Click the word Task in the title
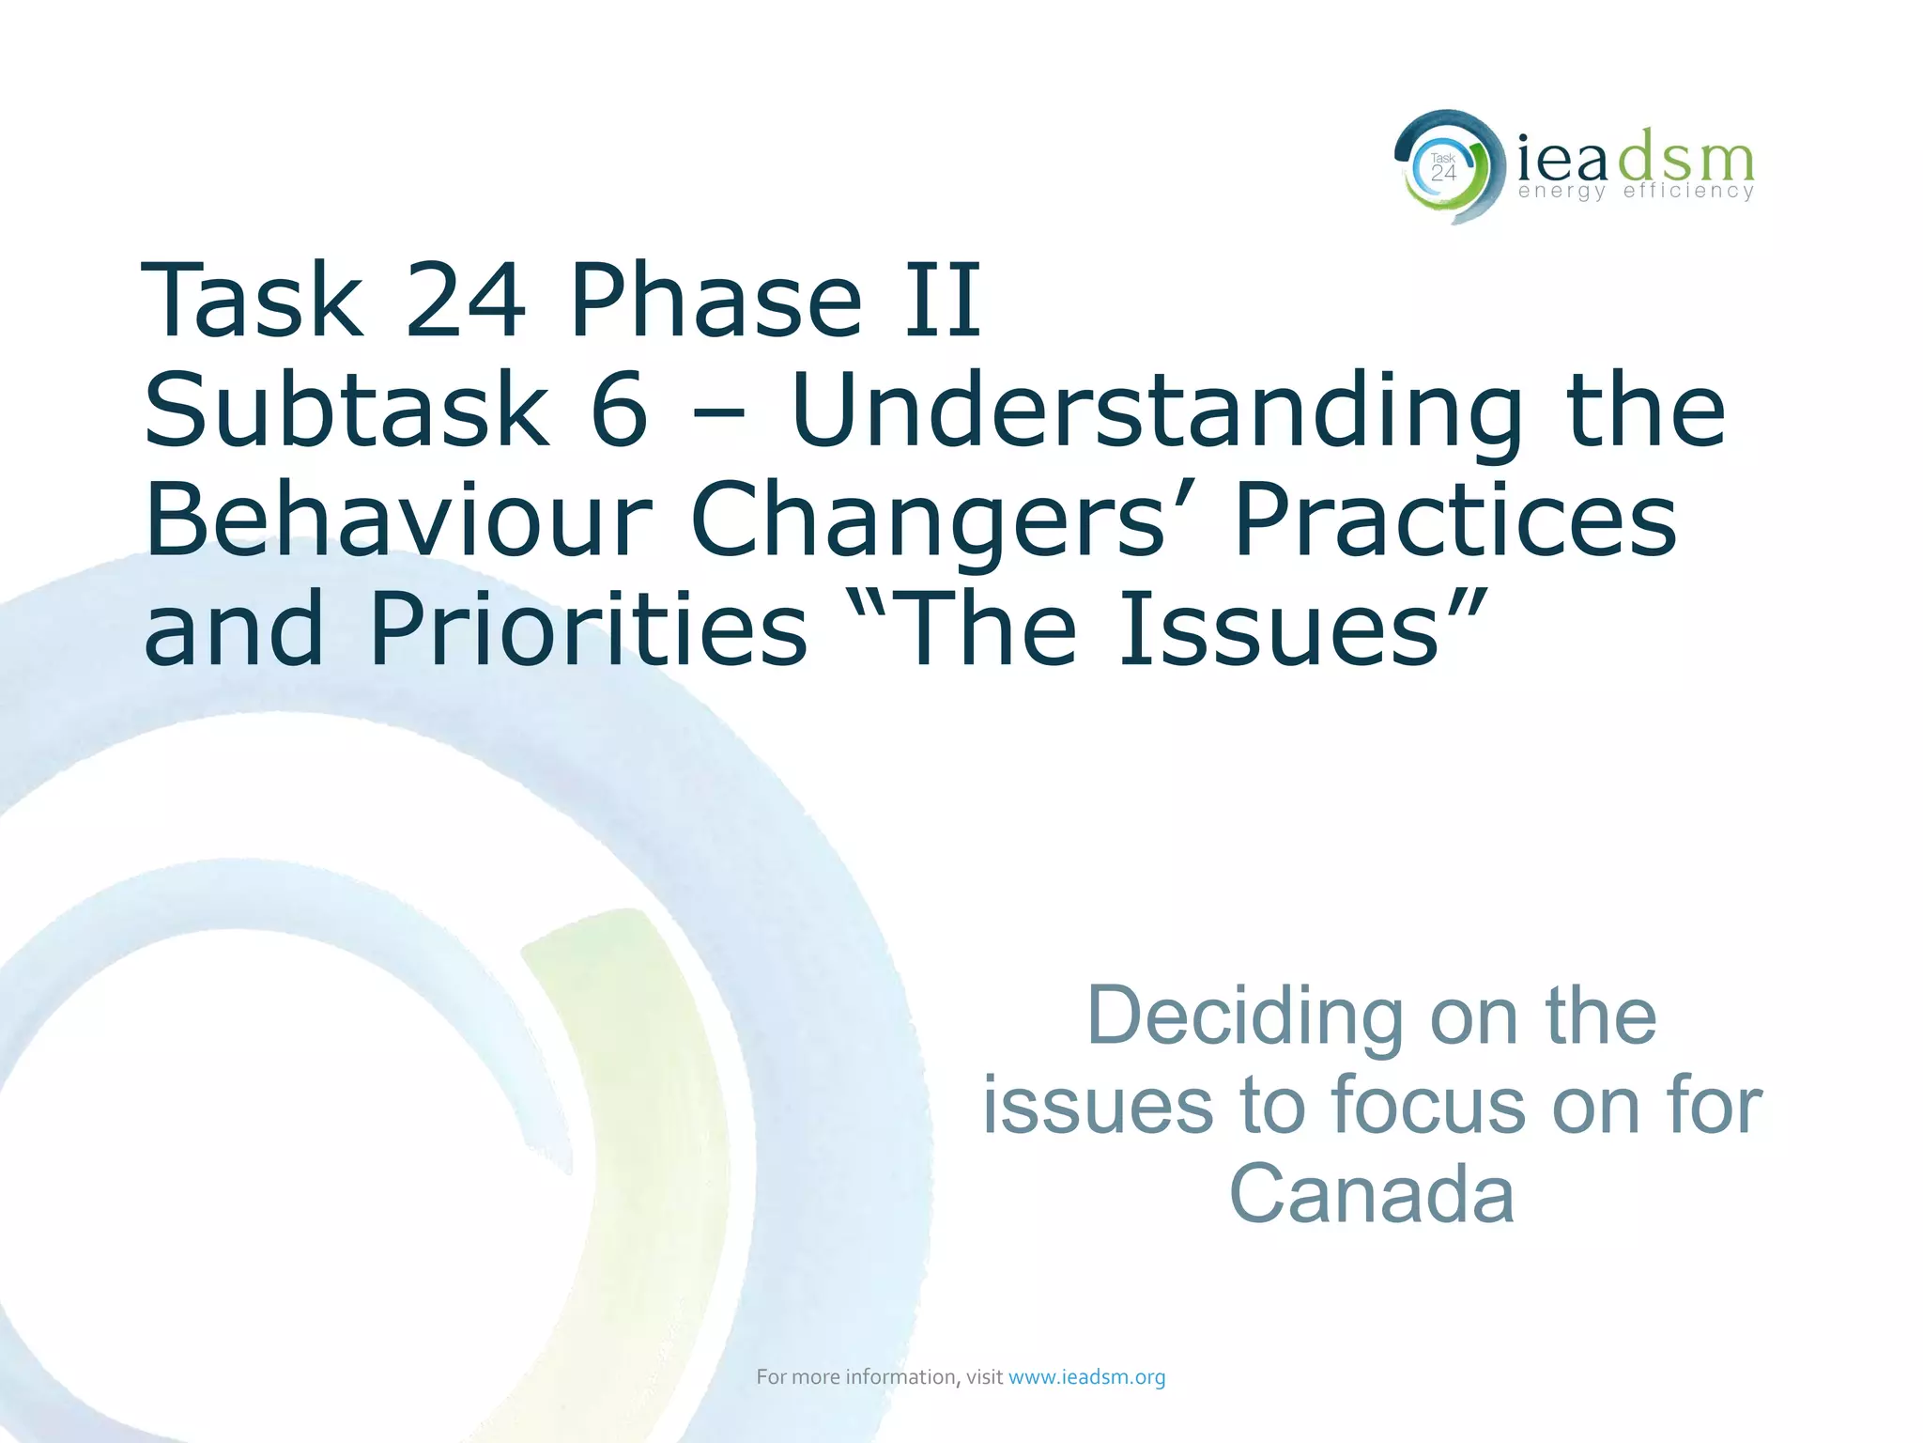click(x=252, y=301)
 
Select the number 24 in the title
click(x=465, y=301)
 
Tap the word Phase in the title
click(x=715, y=301)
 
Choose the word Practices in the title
click(x=1455, y=520)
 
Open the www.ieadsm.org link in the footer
click(x=1086, y=1377)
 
